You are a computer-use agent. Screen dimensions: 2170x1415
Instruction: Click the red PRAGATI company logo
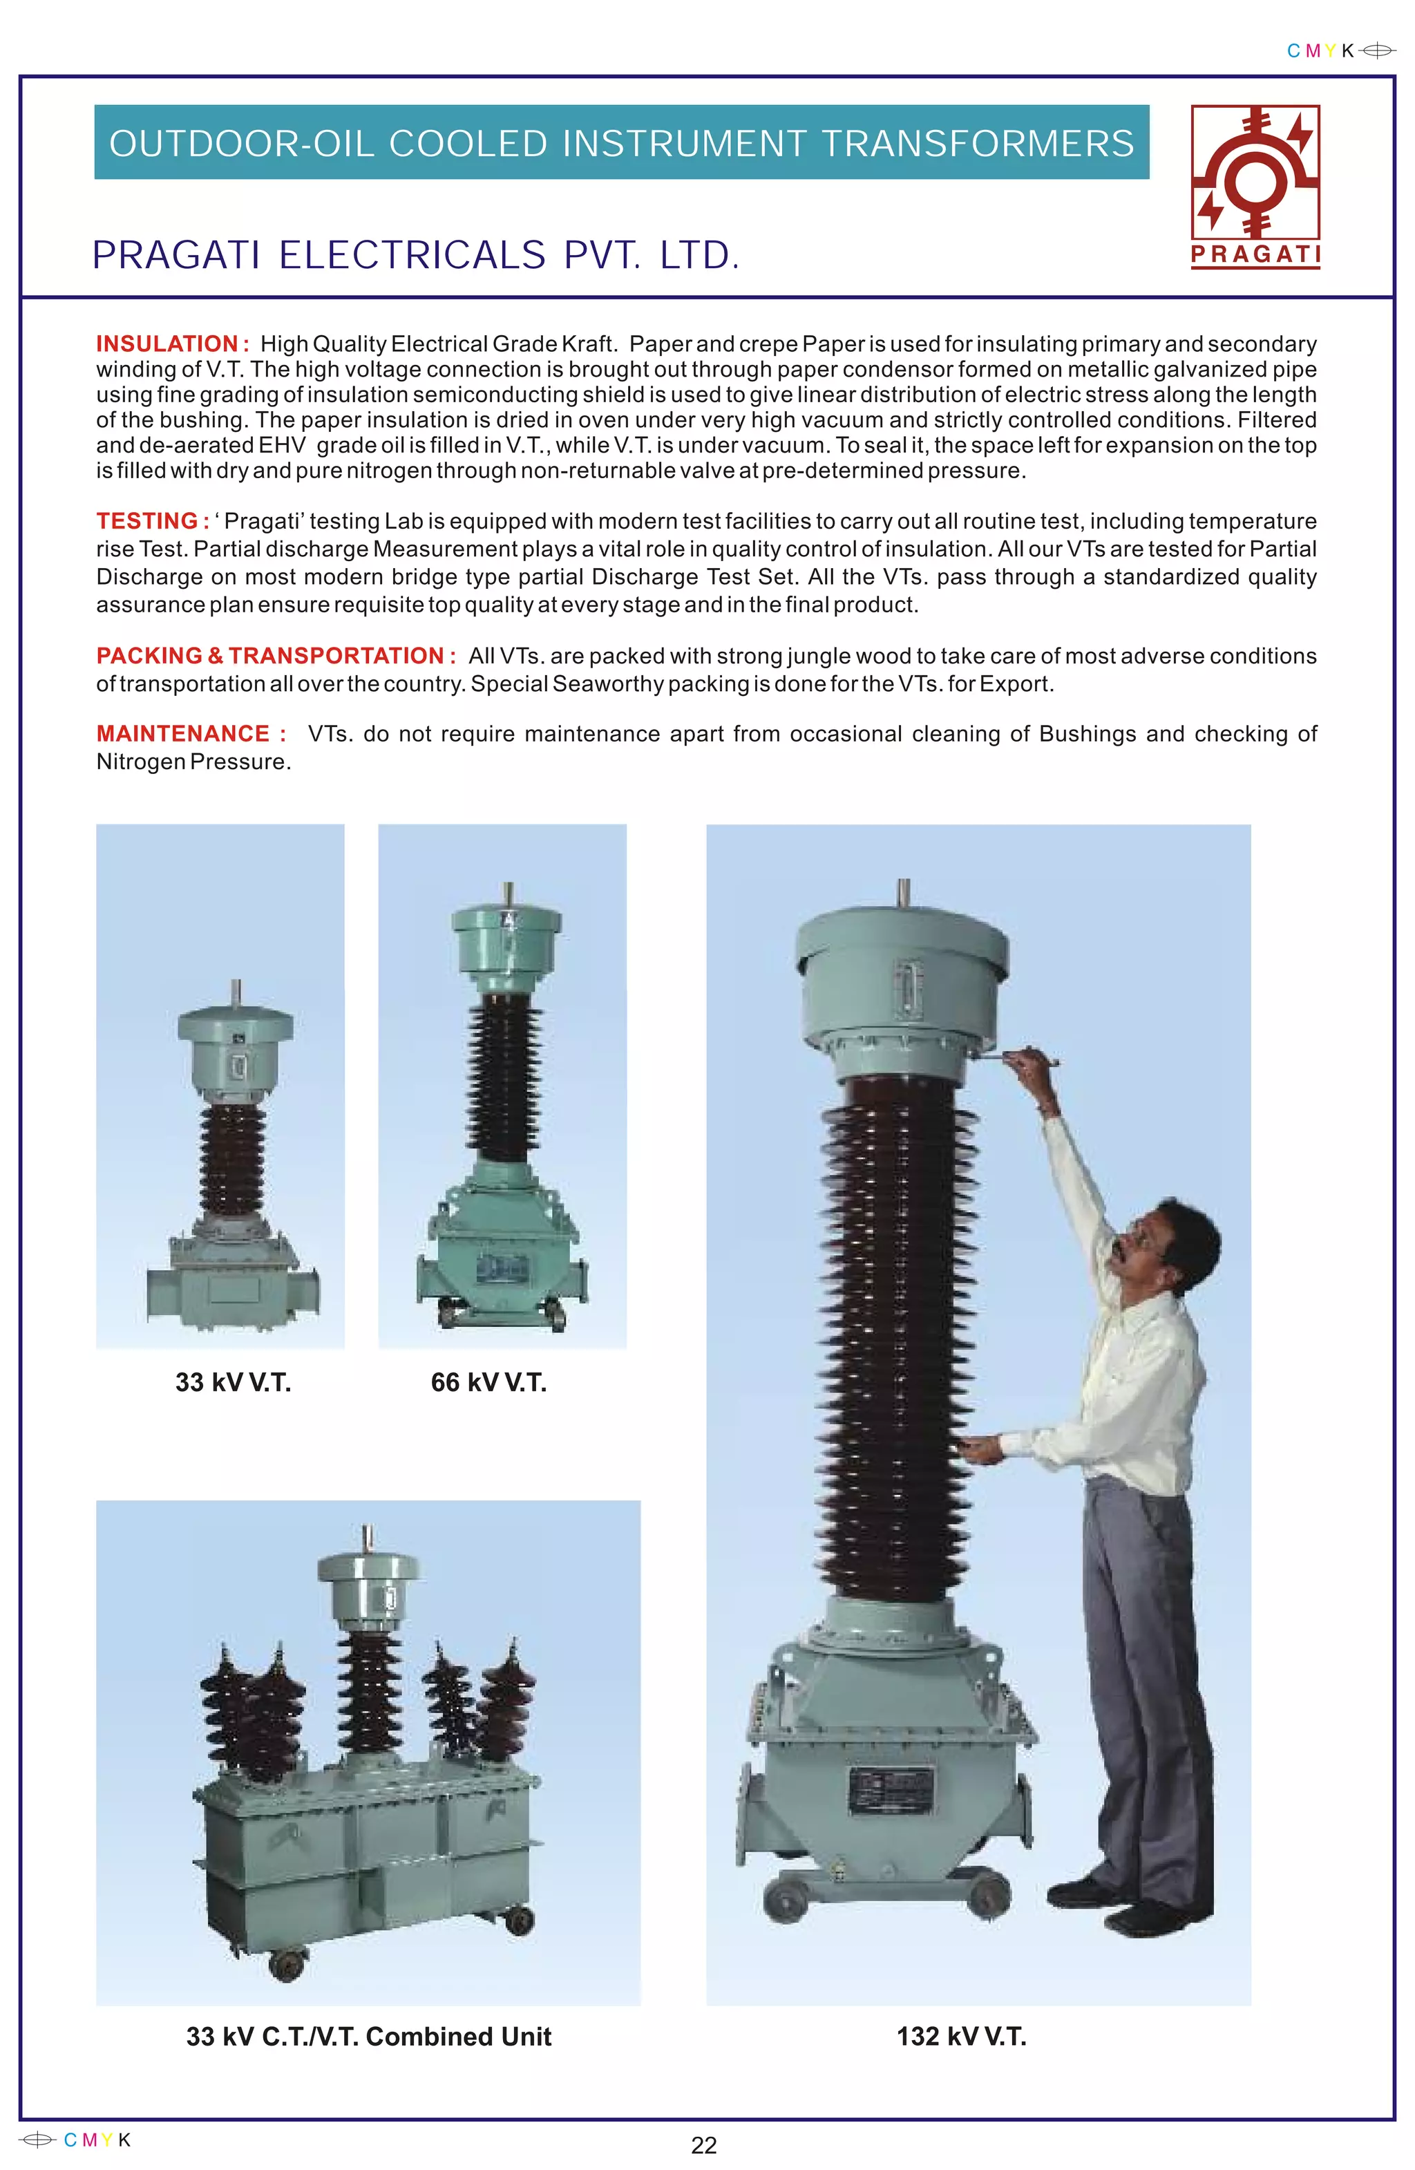coord(1255,186)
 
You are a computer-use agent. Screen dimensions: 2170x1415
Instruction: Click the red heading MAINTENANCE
coord(183,734)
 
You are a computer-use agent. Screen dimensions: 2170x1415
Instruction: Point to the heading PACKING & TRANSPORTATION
coord(271,656)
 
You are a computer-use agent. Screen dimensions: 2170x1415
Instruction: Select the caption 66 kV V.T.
coord(488,1382)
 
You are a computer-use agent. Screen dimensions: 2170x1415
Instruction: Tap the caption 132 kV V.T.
coord(961,2036)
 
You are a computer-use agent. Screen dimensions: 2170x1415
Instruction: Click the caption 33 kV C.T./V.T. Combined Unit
coord(368,2036)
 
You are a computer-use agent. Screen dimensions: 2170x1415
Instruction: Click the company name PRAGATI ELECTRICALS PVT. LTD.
coord(416,255)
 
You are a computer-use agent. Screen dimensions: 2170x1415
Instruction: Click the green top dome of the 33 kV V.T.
coord(235,1025)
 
